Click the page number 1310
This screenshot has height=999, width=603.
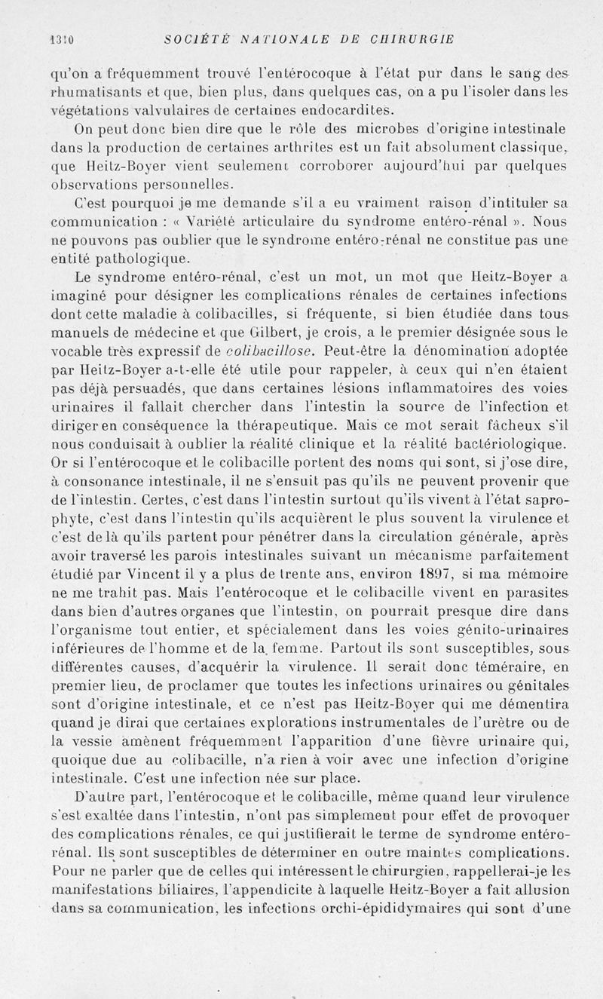pyautogui.click(x=61, y=40)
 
